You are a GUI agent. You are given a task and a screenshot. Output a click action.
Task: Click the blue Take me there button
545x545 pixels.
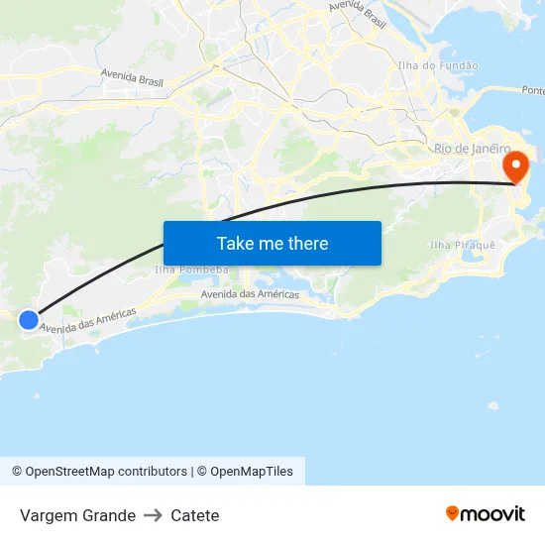[x=272, y=243]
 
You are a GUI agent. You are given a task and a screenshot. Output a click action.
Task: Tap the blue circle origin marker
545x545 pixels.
[x=29, y=319]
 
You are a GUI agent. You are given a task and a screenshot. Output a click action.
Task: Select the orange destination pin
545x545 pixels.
[x=516, y=166]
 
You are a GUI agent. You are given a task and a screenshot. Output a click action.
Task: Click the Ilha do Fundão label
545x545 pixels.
[x=437, y=65]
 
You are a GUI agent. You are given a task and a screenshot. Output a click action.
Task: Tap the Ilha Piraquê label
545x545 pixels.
[x=455, y=244]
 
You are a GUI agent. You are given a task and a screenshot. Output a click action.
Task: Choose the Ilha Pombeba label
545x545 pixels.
[x=191, y=270]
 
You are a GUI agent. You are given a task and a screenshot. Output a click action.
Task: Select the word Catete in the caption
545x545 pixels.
[x=194, y=515]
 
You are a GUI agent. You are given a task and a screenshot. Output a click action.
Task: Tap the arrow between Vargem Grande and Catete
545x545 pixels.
[x=153, y=515]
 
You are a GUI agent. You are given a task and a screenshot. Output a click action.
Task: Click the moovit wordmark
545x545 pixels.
[x=492, y=514]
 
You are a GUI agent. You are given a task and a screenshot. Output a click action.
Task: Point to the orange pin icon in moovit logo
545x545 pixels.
[x=453, y=513]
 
